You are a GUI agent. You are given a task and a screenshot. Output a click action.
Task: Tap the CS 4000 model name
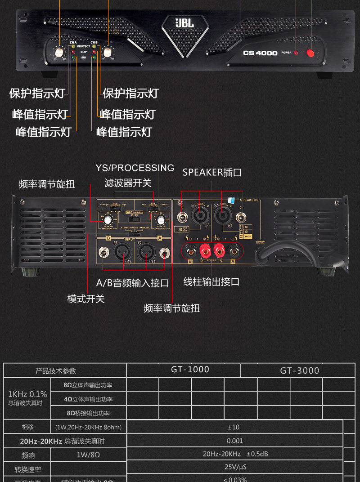click(x=260, y=53)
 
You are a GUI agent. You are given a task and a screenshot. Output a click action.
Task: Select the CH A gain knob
click(x=59, y=52)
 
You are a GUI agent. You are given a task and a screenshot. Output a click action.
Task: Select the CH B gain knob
click(x=108, y=52)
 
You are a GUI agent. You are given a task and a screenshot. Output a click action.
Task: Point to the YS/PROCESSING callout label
click(x=135, y=168)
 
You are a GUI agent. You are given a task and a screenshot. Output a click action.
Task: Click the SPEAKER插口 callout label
click(x=212, y=172)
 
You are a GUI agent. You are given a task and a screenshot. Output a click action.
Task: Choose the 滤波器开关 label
click(x=128, y=183)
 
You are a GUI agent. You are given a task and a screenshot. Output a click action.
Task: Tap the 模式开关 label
click(x=85, y=299)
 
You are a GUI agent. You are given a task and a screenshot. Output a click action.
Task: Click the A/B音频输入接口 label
click(x=132, y=283)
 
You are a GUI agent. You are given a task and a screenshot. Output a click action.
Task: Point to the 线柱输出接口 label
click(x=211, y=282)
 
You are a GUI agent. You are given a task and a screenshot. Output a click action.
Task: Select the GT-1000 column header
click(x=190, y=370)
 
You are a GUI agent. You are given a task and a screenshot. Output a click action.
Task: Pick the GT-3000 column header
click(x=299, y=370)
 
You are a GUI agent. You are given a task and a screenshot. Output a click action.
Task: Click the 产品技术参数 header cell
click(x=56, y=371)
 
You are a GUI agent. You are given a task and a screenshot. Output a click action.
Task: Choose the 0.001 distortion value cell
click(x=235, y=441)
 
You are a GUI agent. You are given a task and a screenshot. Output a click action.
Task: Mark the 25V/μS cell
click(x=235, y=467)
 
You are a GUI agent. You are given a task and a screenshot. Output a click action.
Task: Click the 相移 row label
click(x=28, y=427)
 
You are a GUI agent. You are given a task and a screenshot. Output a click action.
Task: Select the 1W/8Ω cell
click(x=88, y=455)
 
